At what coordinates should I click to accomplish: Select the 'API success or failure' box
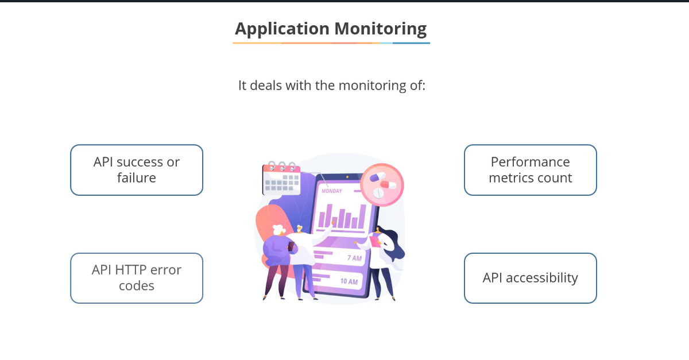(x=137, y=170)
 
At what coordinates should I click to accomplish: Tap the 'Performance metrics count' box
(x=530, y=170)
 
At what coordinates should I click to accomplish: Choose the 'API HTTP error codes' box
(x=137, y=278)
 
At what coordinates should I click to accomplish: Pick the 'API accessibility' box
(x=530, y=278)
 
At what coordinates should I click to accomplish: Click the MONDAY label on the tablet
(x=331, y=191)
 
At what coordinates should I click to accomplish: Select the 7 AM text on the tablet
(x=354, y=258)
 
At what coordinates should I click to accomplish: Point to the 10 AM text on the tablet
(x=349, y=281)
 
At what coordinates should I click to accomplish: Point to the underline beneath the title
(x=331, y=43)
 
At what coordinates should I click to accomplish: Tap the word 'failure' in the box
(x=137, y=178)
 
